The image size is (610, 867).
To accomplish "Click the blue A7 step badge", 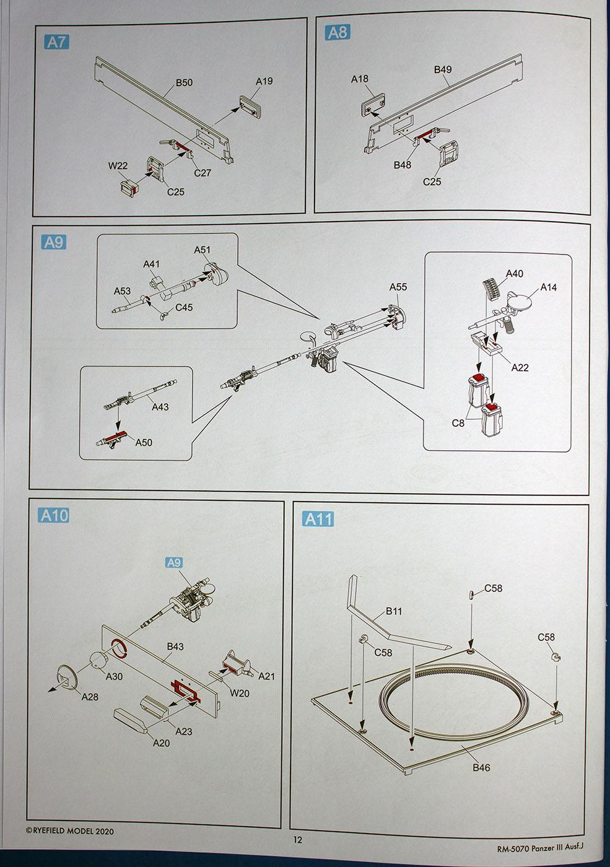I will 56,42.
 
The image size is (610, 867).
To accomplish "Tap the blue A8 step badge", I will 338,32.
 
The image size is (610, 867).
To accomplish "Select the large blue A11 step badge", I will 318,518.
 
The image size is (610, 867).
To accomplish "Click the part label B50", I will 184,82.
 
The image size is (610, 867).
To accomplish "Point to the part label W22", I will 118,165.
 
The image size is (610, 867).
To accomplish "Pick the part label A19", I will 264,81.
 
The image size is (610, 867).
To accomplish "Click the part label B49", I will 443,69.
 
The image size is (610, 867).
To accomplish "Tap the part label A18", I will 359,79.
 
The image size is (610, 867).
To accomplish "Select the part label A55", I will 398,287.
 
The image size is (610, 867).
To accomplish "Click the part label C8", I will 458,423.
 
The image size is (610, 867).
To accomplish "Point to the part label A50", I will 144,442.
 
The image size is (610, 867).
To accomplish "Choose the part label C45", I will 184,307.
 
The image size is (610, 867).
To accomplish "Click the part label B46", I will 481,767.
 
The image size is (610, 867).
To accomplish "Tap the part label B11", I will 394,611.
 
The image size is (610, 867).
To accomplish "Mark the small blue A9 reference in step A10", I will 174,562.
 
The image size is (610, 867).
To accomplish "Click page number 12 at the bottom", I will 298,840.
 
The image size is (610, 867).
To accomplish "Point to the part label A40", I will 514,274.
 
